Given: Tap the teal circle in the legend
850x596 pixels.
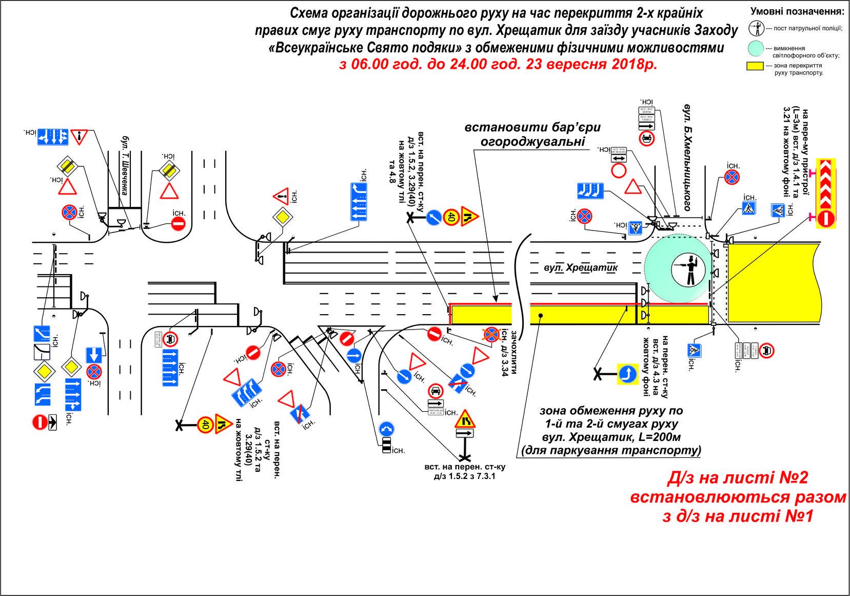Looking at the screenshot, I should [755, 49].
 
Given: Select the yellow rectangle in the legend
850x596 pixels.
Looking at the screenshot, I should [755, 66].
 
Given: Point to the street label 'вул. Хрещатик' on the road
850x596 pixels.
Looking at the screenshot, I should [581, 267].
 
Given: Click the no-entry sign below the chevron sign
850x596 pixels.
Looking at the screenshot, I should [826, 219].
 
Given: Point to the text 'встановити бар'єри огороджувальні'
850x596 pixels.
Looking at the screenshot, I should [532, 133].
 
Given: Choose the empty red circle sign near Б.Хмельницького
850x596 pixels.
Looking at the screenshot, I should [619, 171].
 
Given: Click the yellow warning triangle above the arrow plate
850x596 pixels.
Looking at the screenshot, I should [464, 420].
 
